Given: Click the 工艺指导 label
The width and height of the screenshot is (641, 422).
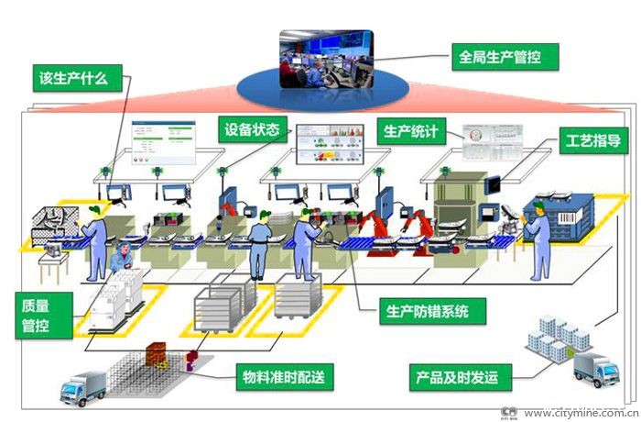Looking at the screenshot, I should [x=592, y=141].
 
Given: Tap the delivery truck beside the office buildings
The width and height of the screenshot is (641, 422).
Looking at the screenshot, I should [x=594, y=369].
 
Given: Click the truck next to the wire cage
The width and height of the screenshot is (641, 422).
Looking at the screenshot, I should [x=84, y=388].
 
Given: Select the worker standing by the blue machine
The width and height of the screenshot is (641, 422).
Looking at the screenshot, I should [x=539, y=238].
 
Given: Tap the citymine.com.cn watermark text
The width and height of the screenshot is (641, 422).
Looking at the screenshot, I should [x=580, y=414].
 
